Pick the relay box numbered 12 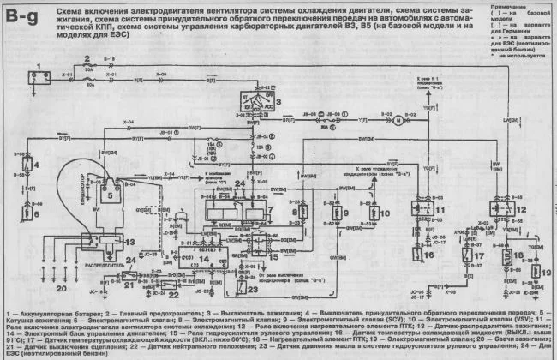coord(500,209)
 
